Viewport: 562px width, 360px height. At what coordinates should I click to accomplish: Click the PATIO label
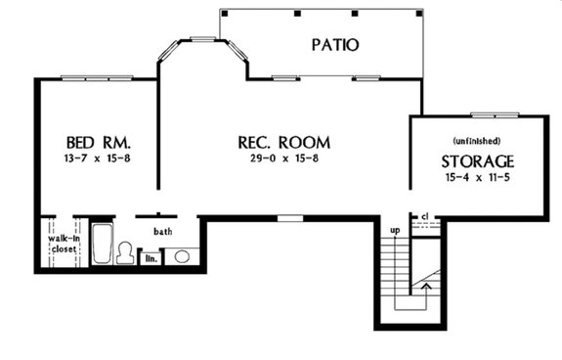tap(335, 44)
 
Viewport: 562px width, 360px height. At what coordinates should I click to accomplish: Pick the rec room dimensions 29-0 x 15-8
tap(282, 157)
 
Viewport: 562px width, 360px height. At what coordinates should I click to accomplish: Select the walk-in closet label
tap(64, 242)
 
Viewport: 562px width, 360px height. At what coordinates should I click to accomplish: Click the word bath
tap(162, 232)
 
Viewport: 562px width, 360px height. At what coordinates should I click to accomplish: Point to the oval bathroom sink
tap(181, 256)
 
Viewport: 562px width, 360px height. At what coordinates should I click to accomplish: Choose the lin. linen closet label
tap(151, 258)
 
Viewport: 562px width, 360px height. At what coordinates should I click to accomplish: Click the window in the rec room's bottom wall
tap(290, 217)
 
